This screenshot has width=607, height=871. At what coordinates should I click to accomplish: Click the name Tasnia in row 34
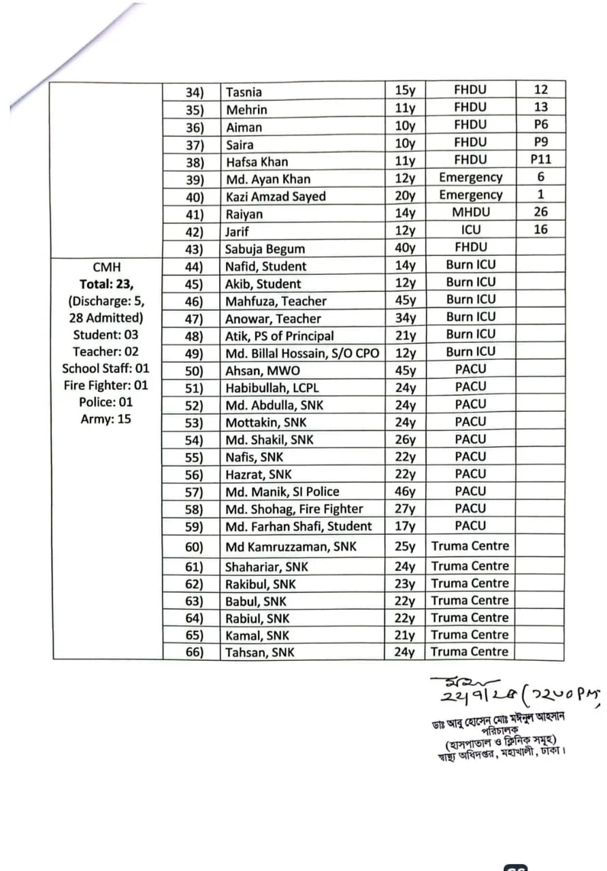(x=244, y=93)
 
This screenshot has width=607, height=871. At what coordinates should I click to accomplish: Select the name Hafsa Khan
(x=257, y=162)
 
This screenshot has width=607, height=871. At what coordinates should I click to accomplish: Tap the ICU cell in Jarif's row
(x=470, y=230)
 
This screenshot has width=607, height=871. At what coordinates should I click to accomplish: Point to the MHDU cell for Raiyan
(x=470, y=212)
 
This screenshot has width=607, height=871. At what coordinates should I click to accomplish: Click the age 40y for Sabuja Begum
(x=405, y=248)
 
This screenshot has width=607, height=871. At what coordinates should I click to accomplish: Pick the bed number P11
(x=540, y=160)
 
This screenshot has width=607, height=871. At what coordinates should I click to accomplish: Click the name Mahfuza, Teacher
(x=276, y=301)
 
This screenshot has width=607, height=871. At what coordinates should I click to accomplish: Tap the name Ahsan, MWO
(x=262, y=371)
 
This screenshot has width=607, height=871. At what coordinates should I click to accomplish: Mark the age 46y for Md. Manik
(x=405, y=491)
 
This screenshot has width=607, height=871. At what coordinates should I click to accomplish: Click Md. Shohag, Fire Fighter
(x=294, y=509)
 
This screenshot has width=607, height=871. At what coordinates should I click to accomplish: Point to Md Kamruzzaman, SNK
(x=291, y=546)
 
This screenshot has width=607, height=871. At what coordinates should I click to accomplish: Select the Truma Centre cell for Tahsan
(x=470, y=652)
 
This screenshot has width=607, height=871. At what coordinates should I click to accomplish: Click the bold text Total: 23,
(x=106, y=284)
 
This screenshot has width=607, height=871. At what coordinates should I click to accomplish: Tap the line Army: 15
(x=105, y=419)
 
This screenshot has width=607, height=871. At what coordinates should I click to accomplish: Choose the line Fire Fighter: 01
(x=105, y=385)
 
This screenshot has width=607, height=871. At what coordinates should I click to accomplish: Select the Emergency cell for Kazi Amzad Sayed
(x=470, y=195)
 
